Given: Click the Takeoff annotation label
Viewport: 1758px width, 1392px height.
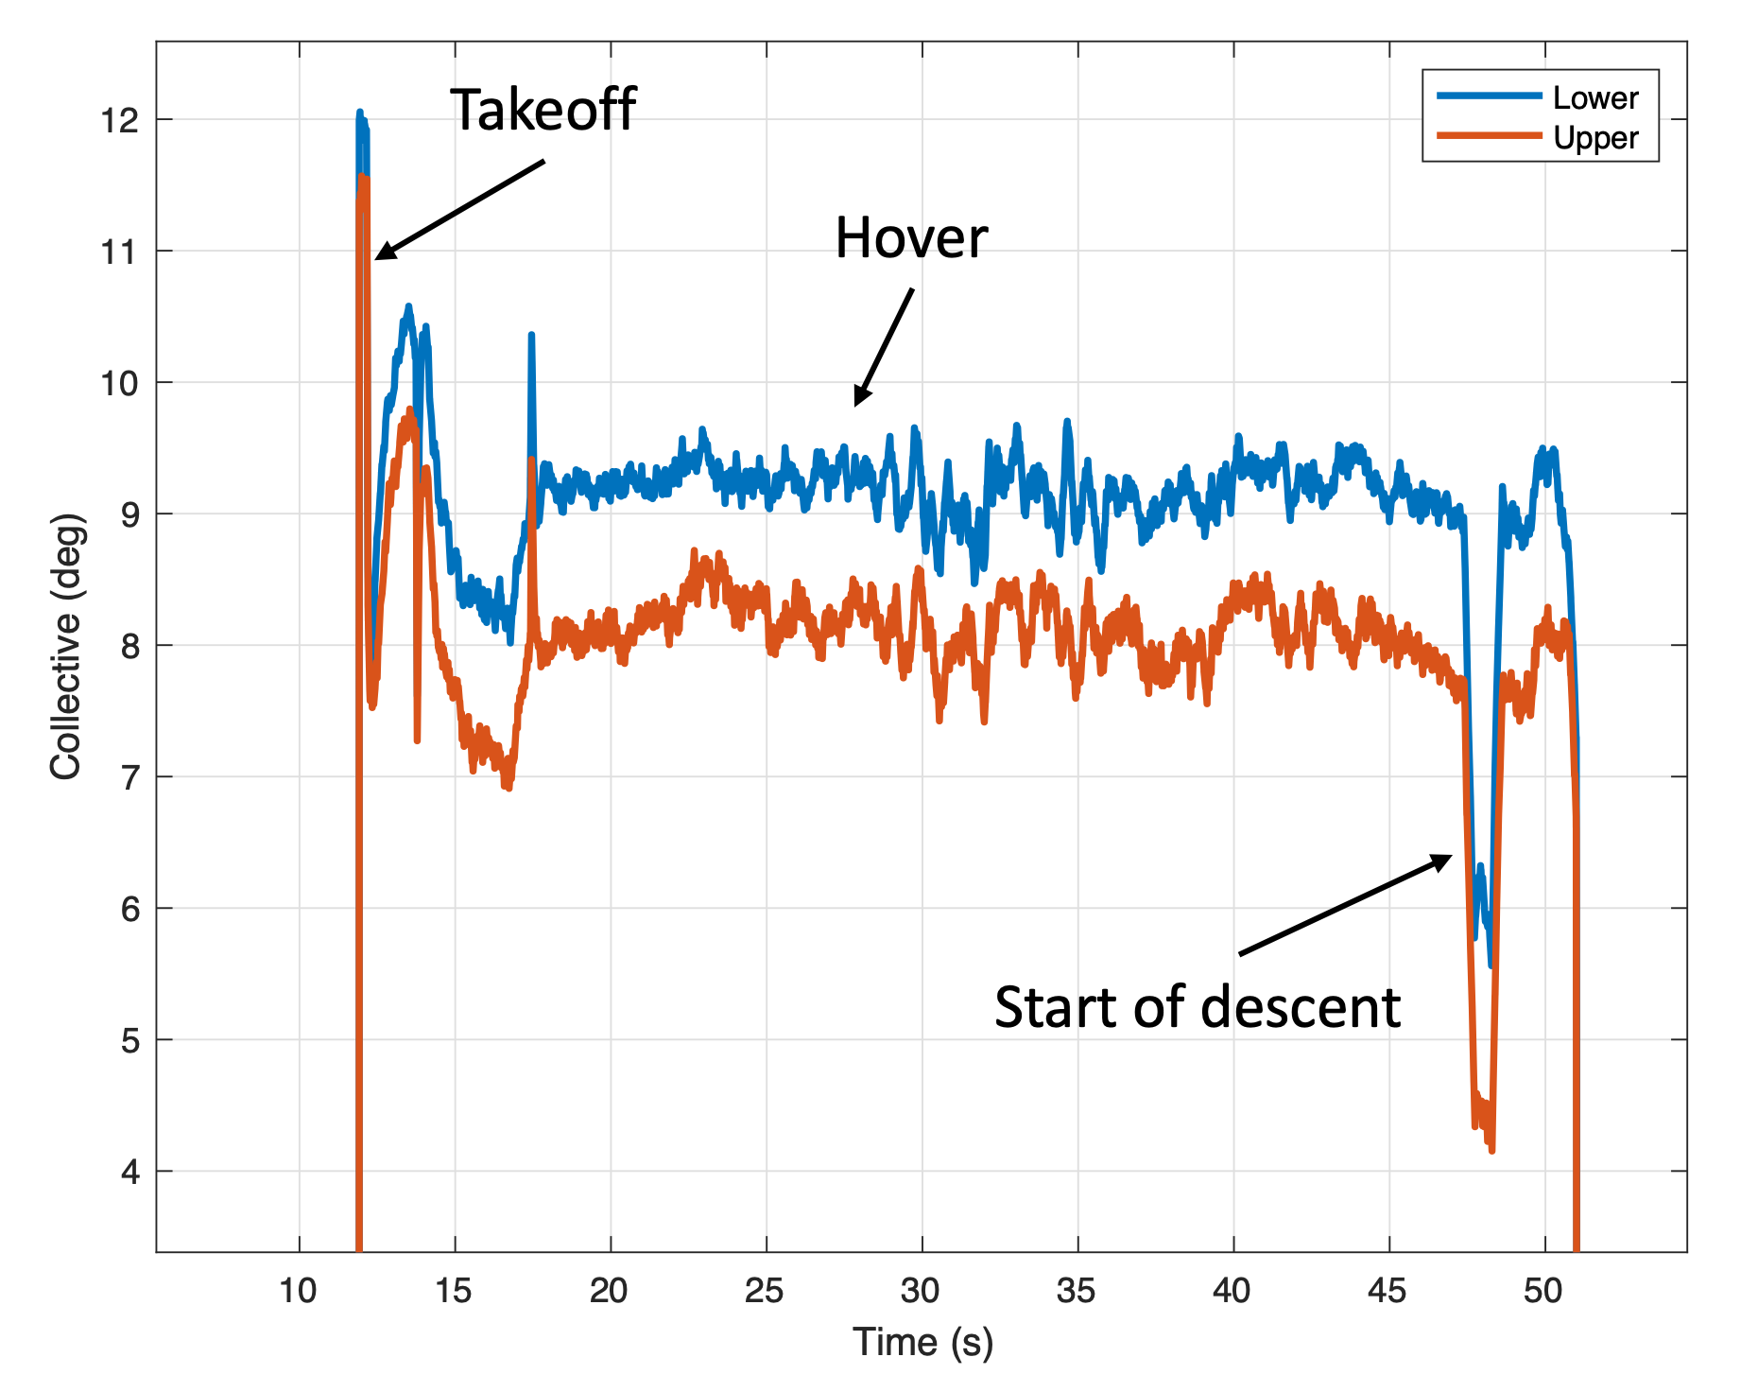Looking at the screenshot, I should pos(543,110).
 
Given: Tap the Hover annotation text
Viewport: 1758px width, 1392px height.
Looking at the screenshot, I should pos(911,237).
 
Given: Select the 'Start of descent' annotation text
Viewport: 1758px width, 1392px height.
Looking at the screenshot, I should pos(1197,1007).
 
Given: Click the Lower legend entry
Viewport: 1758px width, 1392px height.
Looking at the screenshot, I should pos(1594,97).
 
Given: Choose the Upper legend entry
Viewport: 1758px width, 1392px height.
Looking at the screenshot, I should pos(1594,138).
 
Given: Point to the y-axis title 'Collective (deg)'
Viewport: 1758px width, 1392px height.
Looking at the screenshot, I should pos(66,647).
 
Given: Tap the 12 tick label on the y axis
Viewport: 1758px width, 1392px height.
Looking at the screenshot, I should pos(119,120).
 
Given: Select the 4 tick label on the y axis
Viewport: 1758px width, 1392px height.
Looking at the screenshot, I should pos(129,1173).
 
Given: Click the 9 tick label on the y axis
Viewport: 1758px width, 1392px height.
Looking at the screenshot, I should pos(129,514).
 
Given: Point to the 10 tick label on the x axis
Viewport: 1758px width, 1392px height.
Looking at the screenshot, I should pos(299,1290).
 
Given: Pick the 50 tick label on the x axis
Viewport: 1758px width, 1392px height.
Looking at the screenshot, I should pos(1543,1290).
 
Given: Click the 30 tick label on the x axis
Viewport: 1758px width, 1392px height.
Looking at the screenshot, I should pos(922,1290).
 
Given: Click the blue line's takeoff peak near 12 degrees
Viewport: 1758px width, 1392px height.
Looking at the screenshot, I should pos(359,113).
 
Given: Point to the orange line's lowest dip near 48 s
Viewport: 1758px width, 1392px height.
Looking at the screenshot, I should pos(1491,1150).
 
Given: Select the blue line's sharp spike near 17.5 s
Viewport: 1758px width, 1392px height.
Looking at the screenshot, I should pos(531,335).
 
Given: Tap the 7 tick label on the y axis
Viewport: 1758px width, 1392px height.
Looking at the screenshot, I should pos(129,777).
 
